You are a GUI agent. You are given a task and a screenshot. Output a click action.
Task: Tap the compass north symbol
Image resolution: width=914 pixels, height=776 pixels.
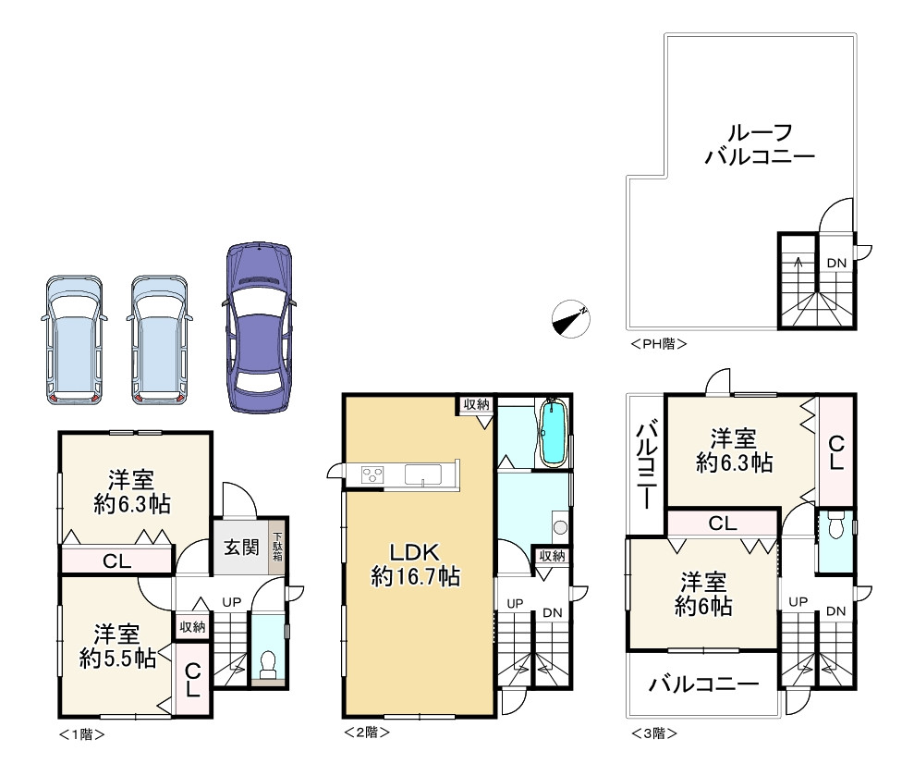(570, 318)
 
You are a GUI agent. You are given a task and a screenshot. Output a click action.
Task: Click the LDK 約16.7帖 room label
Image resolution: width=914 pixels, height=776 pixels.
(415, 564)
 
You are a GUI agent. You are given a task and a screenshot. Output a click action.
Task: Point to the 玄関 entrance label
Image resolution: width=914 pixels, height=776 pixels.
(241, 548)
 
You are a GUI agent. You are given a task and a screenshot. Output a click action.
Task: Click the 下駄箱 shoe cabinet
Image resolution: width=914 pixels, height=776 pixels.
(277, 546)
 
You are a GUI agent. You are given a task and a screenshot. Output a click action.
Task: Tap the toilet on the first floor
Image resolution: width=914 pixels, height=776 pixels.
(268, 665)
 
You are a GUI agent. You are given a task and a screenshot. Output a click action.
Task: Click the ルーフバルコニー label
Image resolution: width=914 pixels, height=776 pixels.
(760, 144)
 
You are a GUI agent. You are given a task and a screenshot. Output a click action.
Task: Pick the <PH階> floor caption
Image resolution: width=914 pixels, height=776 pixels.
(659, 344)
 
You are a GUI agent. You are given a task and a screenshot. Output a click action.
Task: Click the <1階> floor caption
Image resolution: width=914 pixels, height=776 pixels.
(82, 734)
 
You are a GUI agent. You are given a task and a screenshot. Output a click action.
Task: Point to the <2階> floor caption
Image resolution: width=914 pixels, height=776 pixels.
(367, 732)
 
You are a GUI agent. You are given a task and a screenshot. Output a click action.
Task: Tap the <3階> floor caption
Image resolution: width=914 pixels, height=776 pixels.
(654, 733)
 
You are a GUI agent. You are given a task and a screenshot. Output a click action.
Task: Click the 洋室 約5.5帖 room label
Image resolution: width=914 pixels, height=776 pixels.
(117, 647)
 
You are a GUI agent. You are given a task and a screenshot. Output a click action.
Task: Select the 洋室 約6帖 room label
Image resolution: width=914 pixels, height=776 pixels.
(703, 595)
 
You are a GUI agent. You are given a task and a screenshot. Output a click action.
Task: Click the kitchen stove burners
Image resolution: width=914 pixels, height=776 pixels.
(372, 474)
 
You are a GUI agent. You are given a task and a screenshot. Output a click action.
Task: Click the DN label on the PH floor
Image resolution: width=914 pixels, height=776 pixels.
(836, 264)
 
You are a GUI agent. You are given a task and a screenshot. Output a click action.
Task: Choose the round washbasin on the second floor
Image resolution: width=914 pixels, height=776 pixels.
(560, 527)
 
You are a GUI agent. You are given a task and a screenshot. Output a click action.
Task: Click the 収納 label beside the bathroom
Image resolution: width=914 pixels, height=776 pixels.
(552, 556)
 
